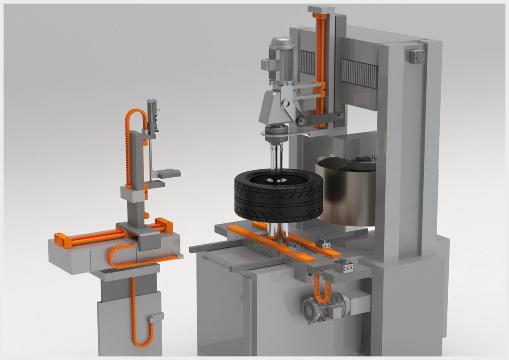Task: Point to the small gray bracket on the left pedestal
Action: pos(154,318)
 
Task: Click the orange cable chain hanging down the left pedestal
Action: pos(134,313)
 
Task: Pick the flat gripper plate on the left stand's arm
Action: pos(168,172)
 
